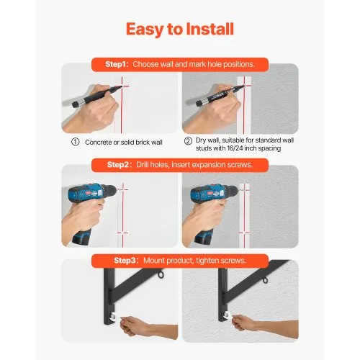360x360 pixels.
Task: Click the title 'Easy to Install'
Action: [179, 29]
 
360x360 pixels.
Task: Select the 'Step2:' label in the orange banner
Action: [120, 165]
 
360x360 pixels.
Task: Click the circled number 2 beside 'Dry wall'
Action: [188, 141]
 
